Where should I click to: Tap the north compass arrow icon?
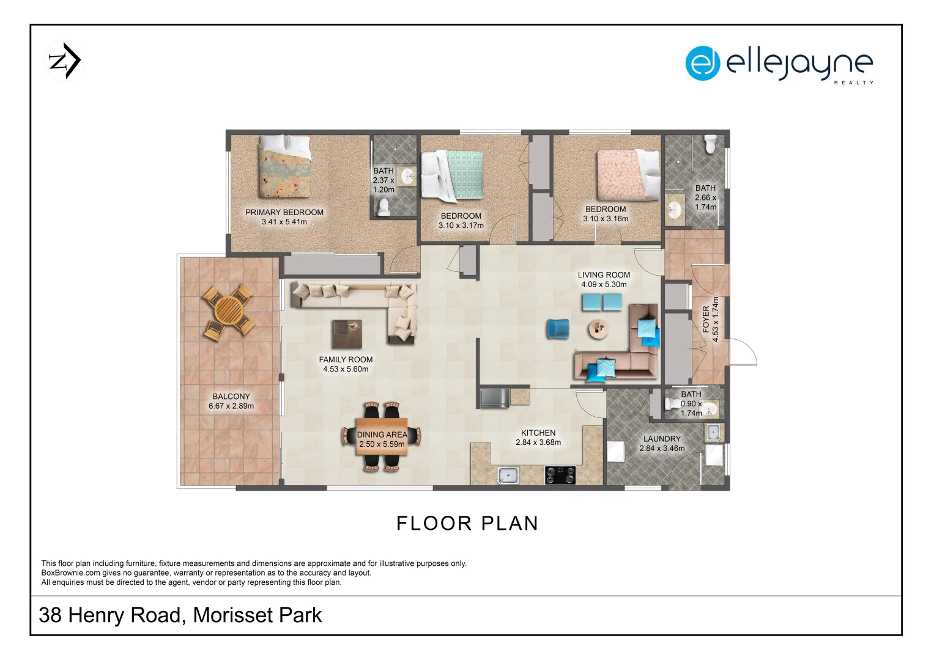point(65,61)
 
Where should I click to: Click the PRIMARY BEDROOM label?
point(284,217)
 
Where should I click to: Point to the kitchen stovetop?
point(560,475)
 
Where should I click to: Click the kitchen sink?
point(508,474)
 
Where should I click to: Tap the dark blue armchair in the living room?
point(557,329)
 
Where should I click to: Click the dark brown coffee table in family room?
point(347,334)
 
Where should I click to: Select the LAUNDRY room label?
point(662,443)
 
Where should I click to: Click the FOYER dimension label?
point(711,319)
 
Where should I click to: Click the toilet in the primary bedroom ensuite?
point(384,208)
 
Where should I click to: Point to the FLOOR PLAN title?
point(467,523)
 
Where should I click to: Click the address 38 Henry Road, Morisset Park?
point(180,615)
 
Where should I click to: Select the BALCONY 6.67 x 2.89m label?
point(231,401)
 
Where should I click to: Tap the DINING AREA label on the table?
point(382,439)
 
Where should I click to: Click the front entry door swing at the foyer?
point(743,353)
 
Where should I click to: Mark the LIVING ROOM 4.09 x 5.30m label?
point(604,279)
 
